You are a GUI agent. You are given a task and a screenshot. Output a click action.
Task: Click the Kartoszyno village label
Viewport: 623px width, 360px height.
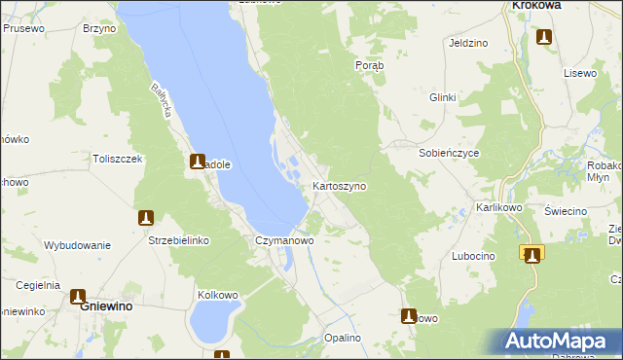(339, 186)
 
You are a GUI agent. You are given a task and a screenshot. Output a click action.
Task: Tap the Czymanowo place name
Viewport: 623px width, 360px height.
(283, 239)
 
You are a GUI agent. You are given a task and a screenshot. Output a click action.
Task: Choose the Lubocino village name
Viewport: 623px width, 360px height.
(473, 256)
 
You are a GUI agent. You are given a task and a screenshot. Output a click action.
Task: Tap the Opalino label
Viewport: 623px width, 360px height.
(343, 338)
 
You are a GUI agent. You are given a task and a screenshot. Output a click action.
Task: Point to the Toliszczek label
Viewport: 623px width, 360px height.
(118, 159)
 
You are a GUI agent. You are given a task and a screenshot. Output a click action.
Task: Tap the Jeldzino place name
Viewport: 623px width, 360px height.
(468, 44)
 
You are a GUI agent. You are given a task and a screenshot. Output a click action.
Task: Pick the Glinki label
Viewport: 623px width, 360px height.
(443, 97)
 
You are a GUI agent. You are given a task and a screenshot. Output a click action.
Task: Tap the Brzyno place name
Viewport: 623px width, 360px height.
(99, 29)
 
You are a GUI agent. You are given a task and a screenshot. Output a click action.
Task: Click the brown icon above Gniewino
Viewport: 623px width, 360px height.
(78, 296)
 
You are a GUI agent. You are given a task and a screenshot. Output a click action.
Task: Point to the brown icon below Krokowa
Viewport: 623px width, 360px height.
(544, 38)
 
